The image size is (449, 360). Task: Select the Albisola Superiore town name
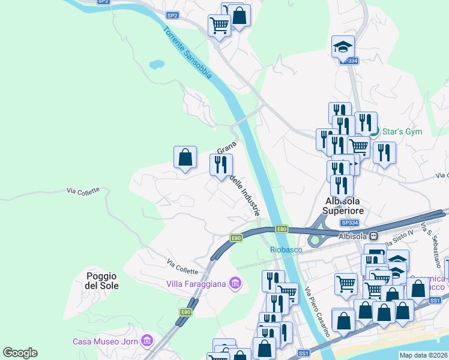tap(343, 206)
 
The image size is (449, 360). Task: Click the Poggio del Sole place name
tap(101, 281)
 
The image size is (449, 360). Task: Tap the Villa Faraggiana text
tap(196, 283)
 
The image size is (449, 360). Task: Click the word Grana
tap(226, 148)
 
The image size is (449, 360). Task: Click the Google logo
tap(20, 353)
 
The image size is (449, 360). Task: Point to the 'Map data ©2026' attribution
tap(423, 355)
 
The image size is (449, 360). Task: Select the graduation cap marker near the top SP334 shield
tap(343, 47)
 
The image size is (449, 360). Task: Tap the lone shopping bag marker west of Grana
tap(185, 158)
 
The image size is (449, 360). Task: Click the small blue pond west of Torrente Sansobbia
tap(157, 63)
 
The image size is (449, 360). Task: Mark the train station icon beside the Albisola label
tap(374, 236)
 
